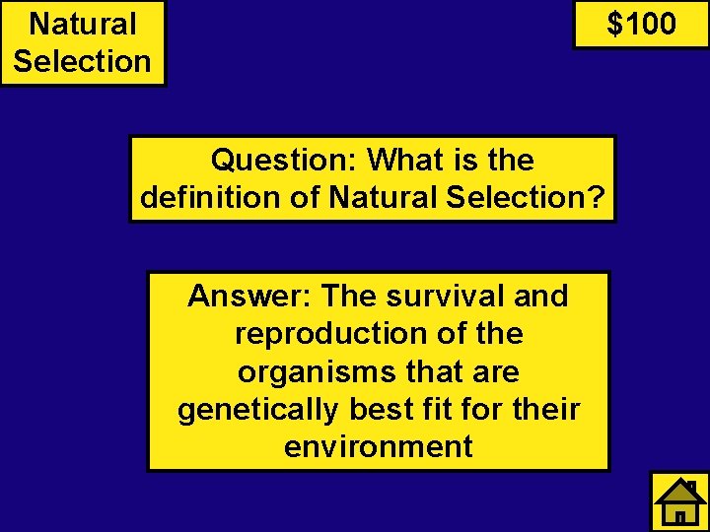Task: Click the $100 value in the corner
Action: pos(641,24)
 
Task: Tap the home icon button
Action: pos(679,501)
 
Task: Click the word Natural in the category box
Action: pos(83,24)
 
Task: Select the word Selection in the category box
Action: pos(83,61)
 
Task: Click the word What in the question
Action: pos(408,160)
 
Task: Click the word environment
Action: pos(379,446)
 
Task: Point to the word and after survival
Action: pos(540,296)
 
